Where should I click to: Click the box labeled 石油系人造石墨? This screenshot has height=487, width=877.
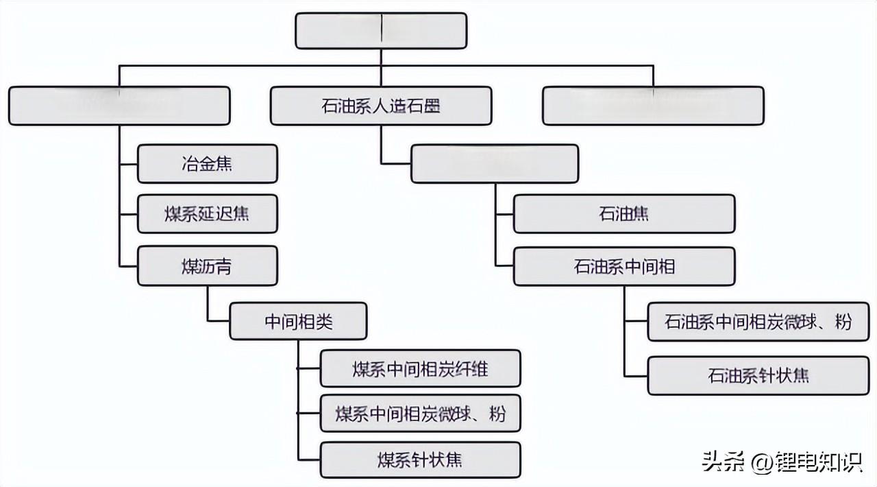pos(380,106)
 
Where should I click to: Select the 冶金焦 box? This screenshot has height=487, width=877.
pos(207,163)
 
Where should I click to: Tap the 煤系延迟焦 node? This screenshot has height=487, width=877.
pos(207,214)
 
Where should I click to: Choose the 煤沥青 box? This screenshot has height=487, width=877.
pos(207,266)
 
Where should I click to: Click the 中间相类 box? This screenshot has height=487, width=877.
pos(298,321)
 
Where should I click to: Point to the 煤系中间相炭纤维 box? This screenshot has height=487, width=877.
pos(420,368)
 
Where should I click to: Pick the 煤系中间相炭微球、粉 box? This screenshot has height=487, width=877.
pos(420,413)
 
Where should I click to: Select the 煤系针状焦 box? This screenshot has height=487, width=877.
pos(420,459)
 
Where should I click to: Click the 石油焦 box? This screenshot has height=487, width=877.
pos(623,214)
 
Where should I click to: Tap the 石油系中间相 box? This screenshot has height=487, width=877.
pos(623,266)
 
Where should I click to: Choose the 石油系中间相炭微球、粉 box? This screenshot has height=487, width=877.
pos(758,321)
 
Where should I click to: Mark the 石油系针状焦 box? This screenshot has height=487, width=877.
pos(758,375)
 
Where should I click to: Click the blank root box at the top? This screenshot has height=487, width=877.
pos(380,31)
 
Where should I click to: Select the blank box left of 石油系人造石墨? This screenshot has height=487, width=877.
pos(119,106)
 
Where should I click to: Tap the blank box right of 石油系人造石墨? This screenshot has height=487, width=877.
pos(652,106)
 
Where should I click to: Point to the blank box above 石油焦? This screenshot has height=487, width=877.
pos(494,163)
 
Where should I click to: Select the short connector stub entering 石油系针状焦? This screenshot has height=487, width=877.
pos(636,375)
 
